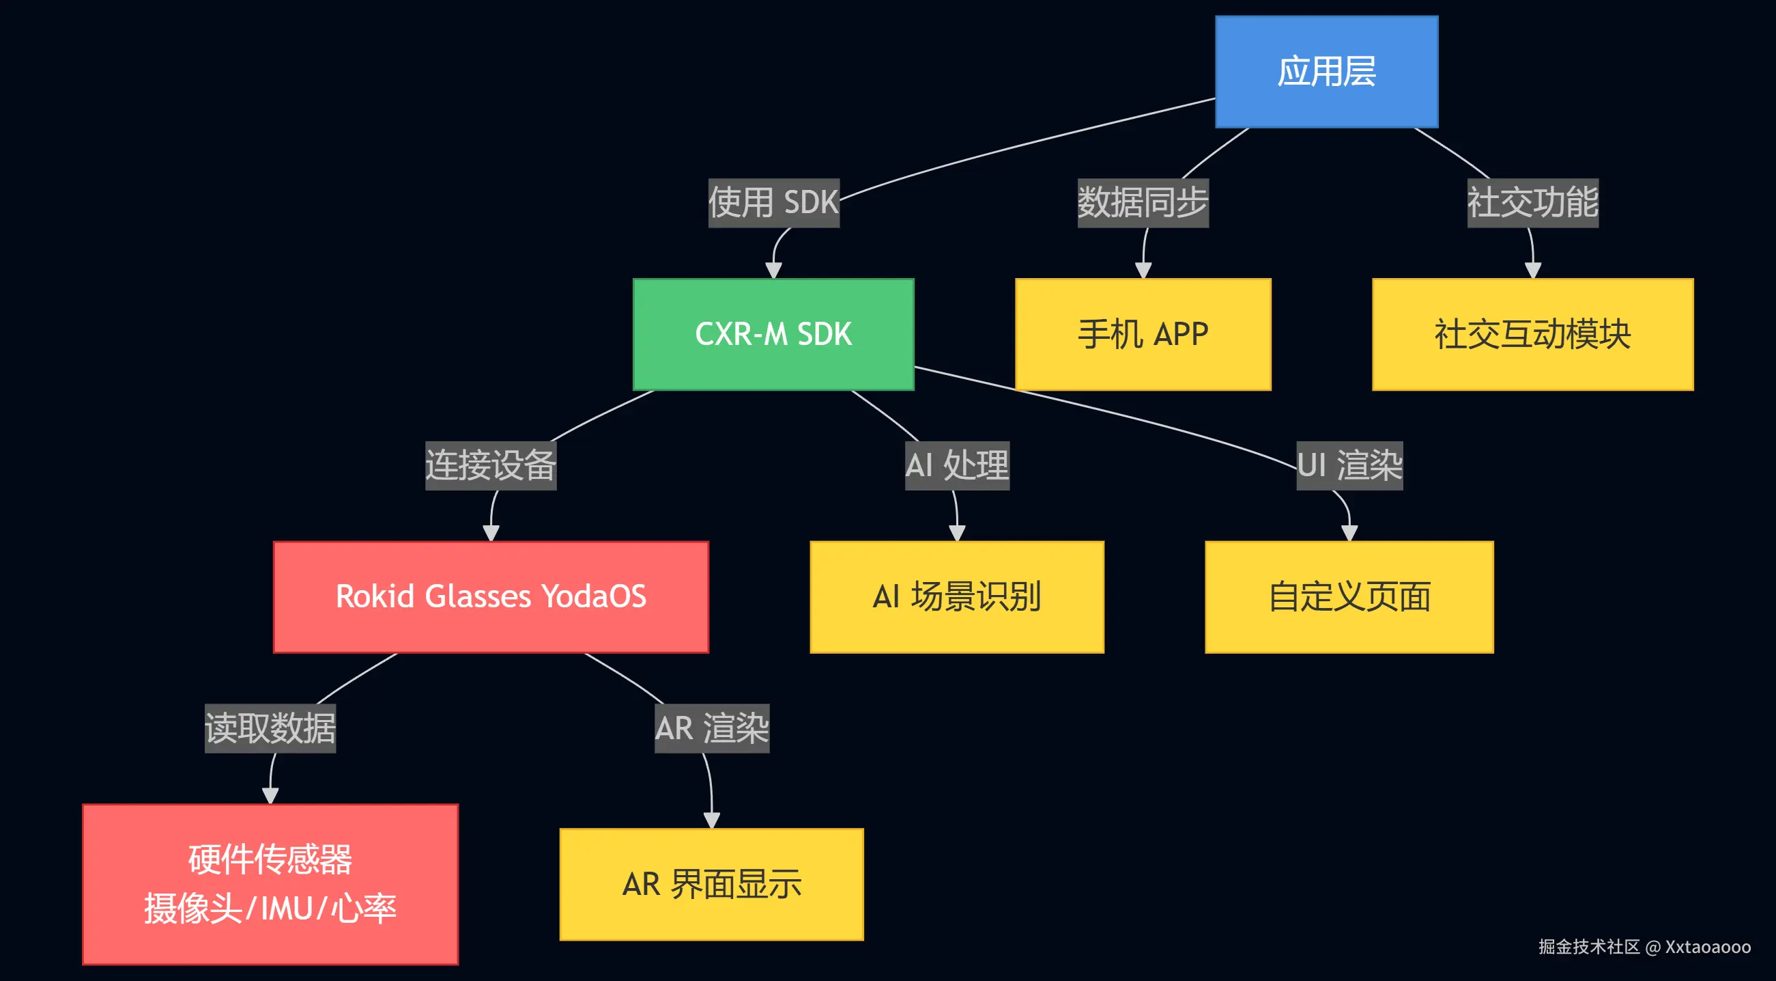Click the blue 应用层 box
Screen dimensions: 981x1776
1326,72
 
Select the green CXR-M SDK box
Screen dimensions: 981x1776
773,335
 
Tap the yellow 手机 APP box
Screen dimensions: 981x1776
1143,335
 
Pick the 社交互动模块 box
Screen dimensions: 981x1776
1532,335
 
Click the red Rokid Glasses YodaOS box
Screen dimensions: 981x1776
491,597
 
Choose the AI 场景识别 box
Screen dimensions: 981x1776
956,597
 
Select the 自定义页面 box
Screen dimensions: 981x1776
1349,597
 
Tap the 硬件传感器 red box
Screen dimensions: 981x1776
270,884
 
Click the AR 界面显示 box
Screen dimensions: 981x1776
711,884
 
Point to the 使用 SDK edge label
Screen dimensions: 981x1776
773,203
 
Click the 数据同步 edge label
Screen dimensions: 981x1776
1143,203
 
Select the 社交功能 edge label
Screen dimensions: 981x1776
1532,203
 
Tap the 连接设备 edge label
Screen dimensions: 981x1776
490,466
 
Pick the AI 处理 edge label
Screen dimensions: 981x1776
957,466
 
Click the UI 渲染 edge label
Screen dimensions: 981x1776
1349,466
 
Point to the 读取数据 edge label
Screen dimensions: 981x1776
270,728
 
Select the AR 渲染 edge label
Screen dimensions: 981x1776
711,728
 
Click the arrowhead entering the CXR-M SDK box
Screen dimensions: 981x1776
773,271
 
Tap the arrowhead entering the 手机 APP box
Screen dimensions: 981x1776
1143,271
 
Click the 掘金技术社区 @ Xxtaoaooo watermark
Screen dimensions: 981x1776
1644,947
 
